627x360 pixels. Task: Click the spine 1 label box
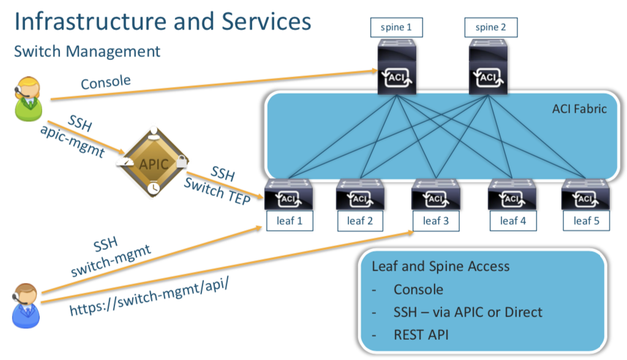coord(396,27)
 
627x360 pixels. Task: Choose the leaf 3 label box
coord(435,221)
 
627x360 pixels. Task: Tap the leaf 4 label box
coord(512,221)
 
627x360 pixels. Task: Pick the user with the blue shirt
coord(26,305)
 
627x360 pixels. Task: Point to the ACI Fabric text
coord(579,109)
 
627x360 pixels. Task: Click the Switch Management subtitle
coord(87,51)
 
